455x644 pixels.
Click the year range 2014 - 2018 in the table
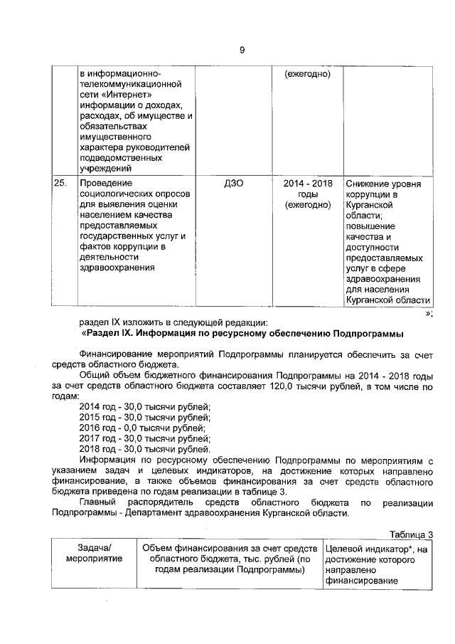pos(308,184)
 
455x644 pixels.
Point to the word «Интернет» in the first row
pos(118,95)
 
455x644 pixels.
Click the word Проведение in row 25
pos(103,184)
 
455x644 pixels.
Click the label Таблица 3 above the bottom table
pos(412,535)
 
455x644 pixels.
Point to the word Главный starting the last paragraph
pos(97,502)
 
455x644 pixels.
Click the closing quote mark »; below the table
pos(427,313)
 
